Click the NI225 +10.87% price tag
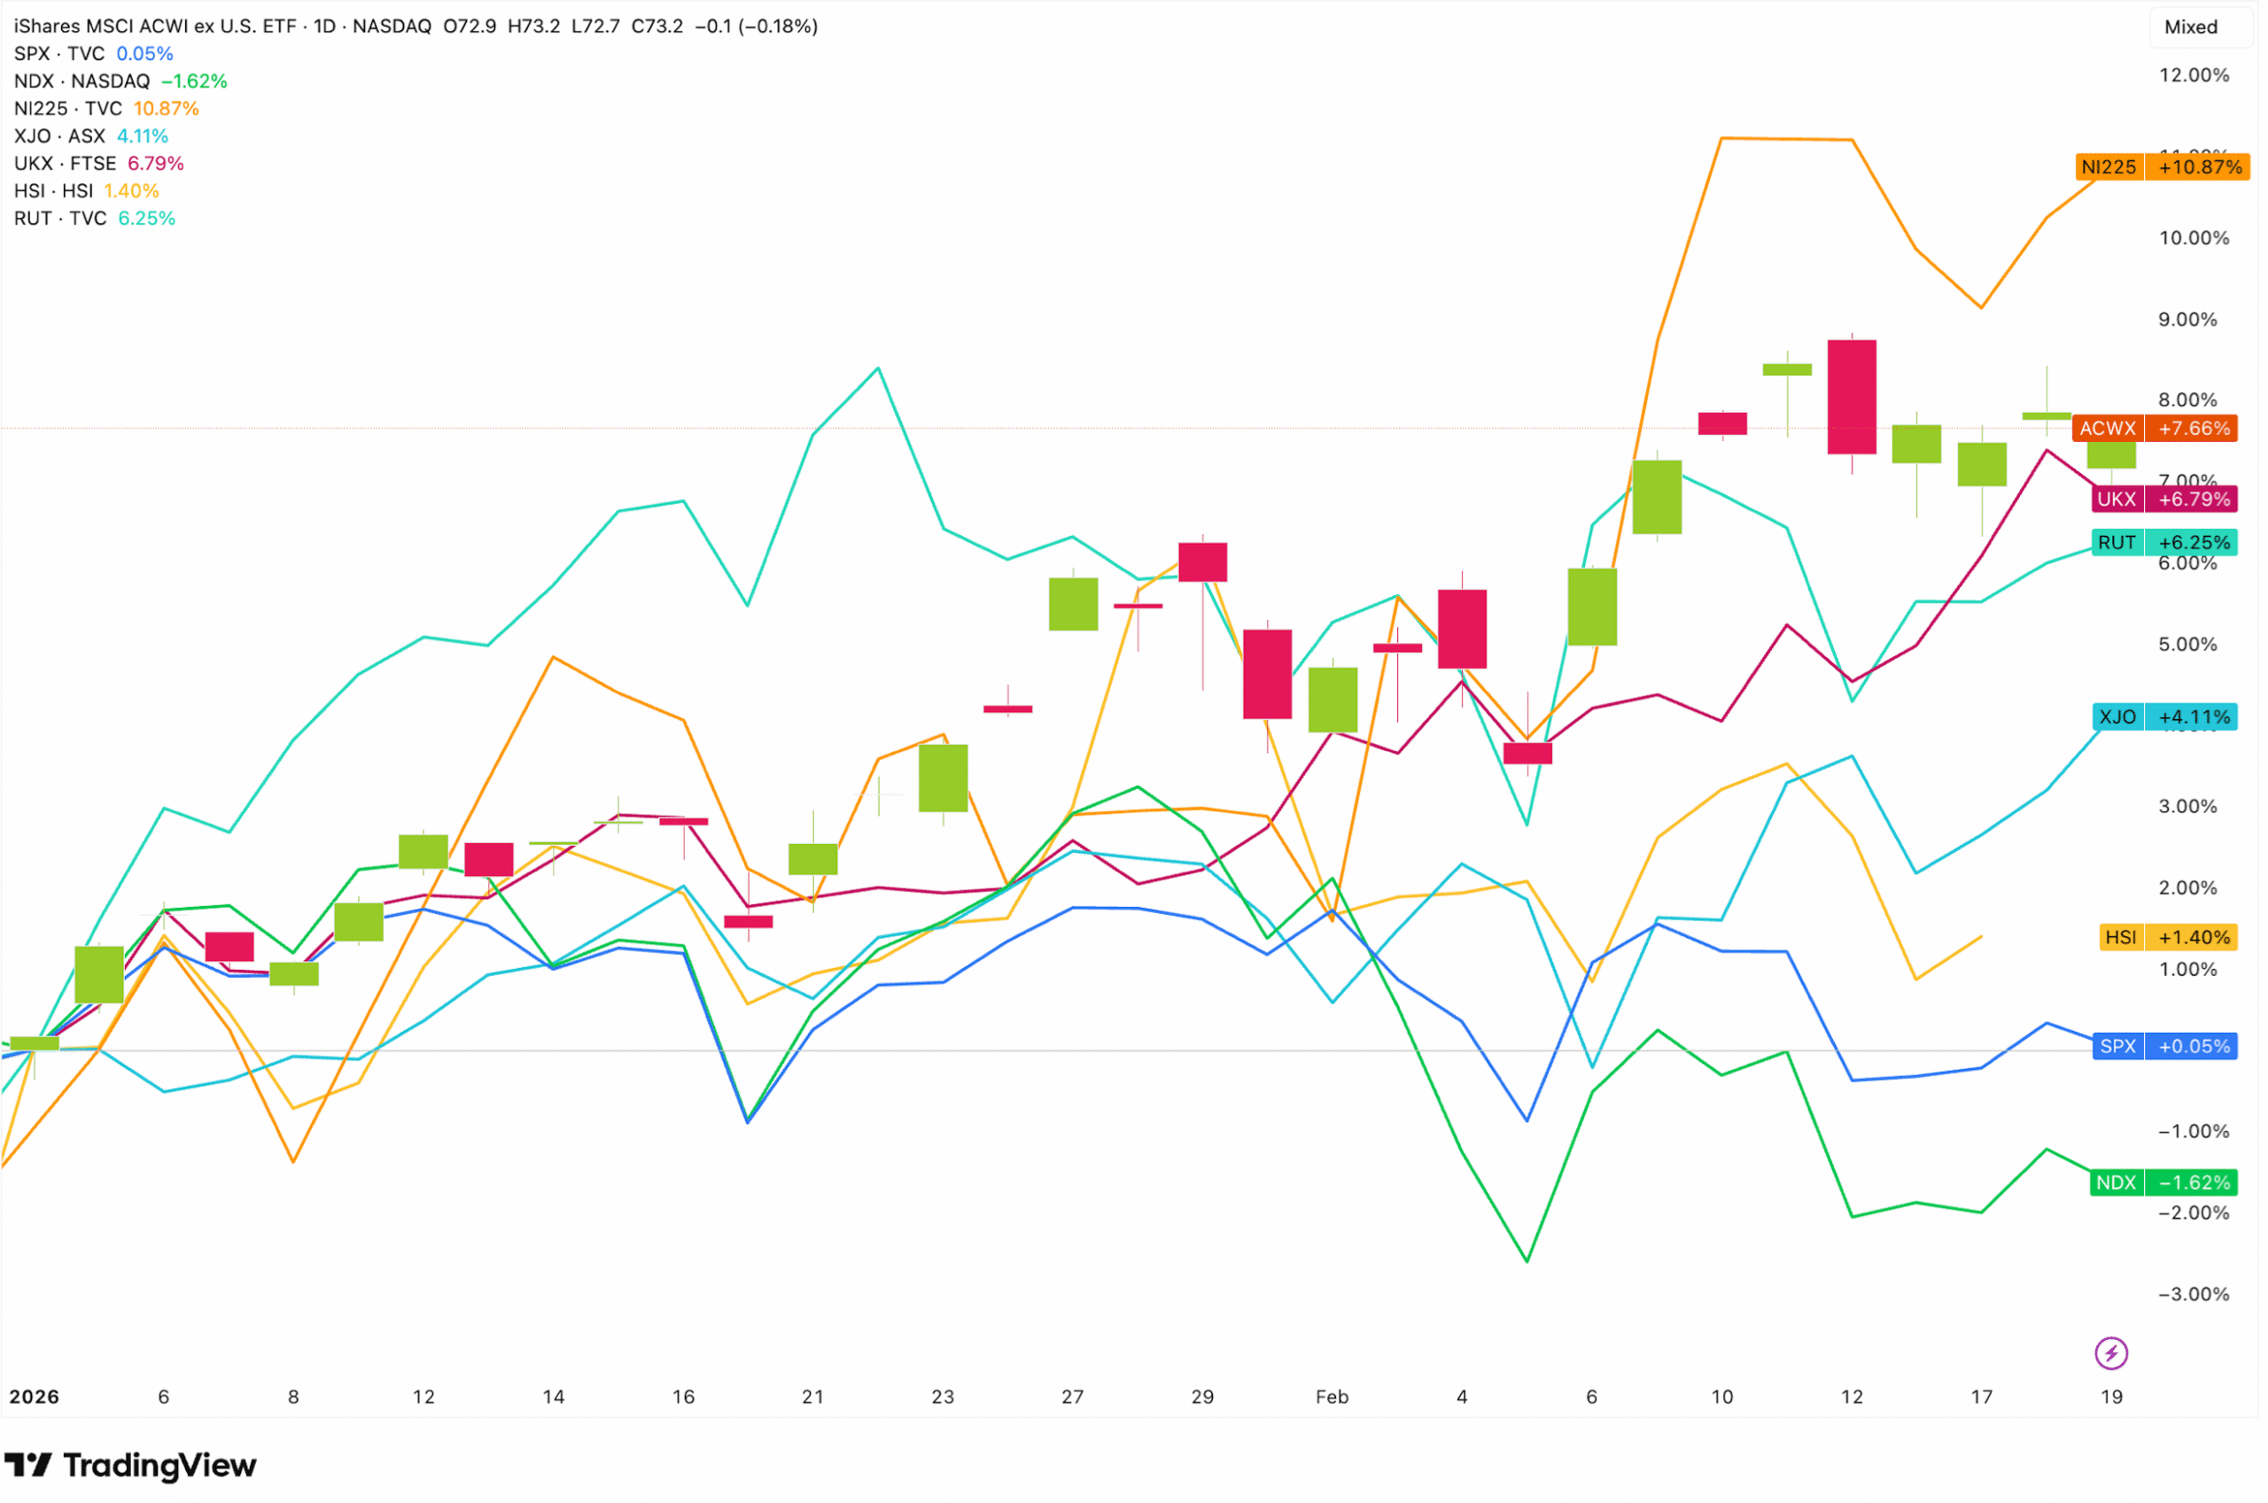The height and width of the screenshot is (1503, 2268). [2162, 167]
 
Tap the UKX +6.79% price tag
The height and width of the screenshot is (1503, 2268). [2163, 500]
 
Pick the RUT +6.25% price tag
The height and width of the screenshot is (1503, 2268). [2163, 543]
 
